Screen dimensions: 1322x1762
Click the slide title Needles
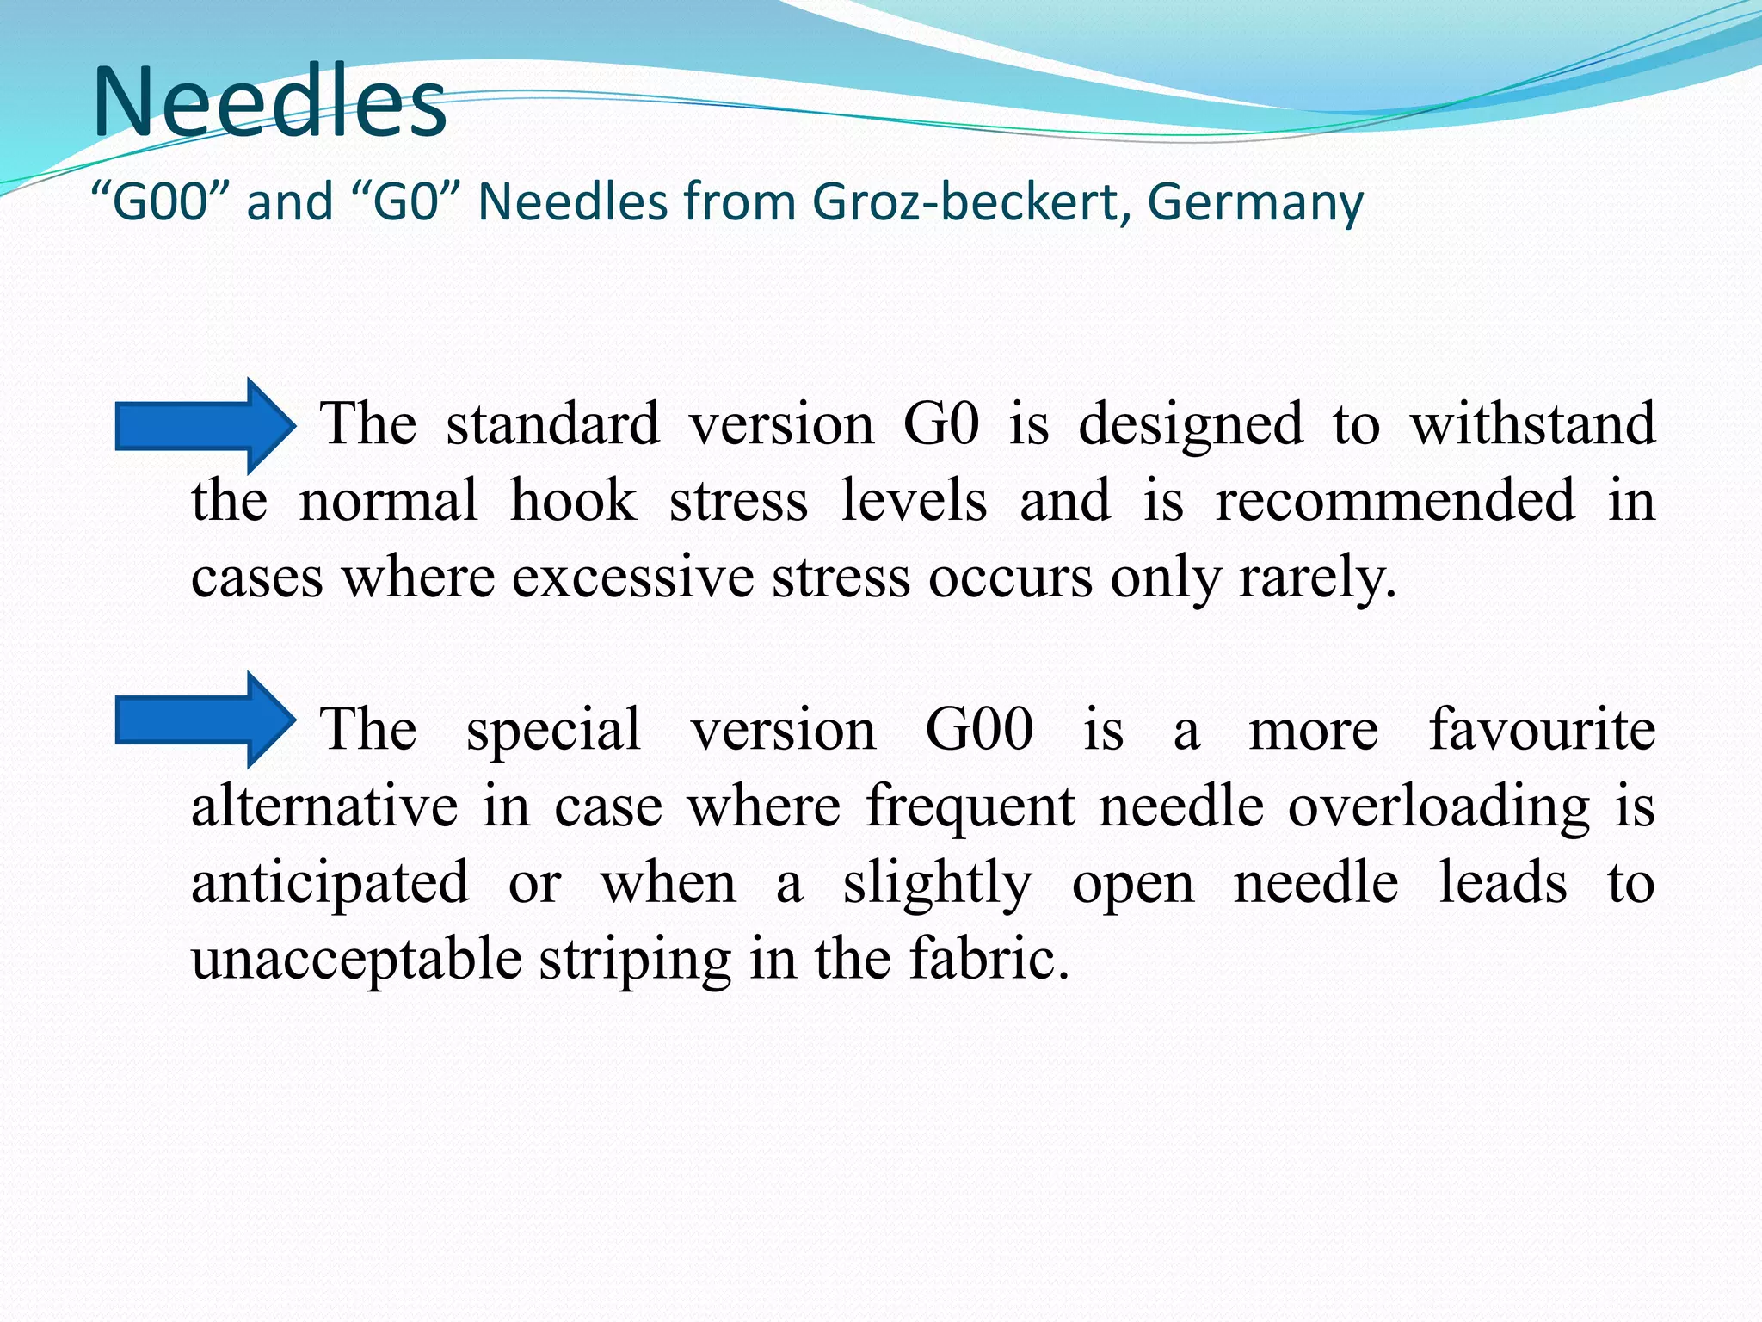pos(269,102)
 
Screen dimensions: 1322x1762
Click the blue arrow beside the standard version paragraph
pos(206,425)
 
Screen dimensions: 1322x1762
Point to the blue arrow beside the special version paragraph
pos(206,720)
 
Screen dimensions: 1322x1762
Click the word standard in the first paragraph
pos(552,424)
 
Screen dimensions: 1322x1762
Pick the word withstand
pos(1532,424)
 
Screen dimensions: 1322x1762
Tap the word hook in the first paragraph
pos(573,501)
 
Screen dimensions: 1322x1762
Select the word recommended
pos(1395,501)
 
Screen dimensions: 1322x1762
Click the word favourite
pos(1542,730)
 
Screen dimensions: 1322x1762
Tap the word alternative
pos(324,806)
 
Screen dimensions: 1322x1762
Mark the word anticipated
pos(330,884)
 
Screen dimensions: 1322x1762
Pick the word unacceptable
pos(356,960)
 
